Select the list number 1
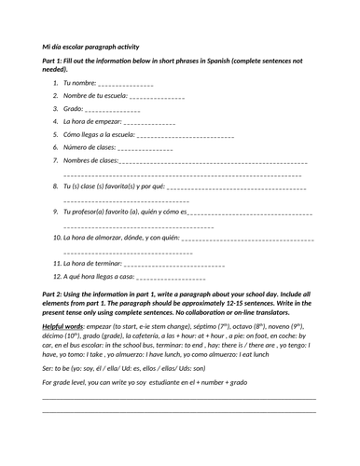(56, 83)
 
